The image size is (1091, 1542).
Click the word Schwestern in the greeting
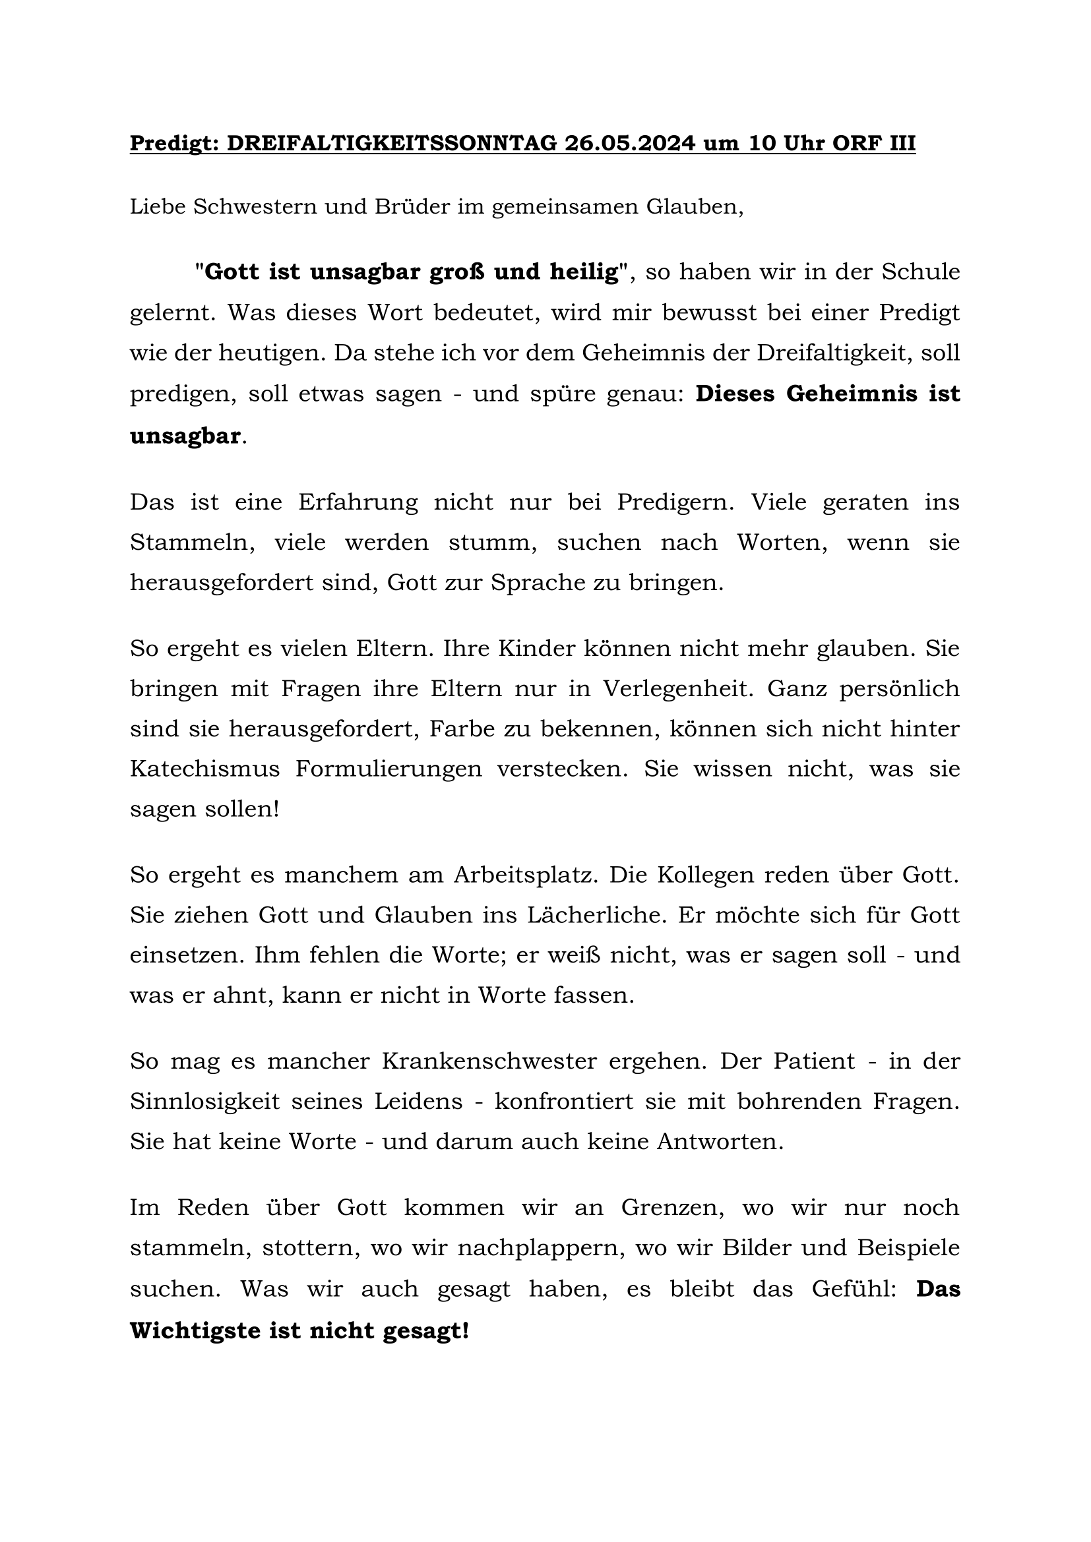click(255, 207)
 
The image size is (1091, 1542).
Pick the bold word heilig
click(584, 272)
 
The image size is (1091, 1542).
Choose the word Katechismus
click(205, 769)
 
